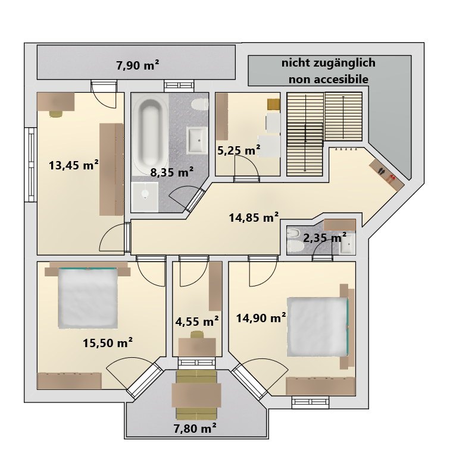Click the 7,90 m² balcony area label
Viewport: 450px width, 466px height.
coord(137,65)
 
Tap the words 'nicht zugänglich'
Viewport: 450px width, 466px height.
coord(329,63)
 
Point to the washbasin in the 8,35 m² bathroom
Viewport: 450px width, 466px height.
coord(196,140)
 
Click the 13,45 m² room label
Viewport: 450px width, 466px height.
coord(74,165)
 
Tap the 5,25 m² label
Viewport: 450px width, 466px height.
coord(239,150)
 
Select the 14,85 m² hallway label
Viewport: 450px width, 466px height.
coord(254,218)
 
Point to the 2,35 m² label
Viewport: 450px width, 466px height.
coord(325,238)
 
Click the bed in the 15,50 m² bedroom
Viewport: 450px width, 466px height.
coord(87,298)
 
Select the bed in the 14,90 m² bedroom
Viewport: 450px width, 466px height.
coord(318,327)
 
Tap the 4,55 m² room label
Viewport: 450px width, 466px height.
coord(197,321)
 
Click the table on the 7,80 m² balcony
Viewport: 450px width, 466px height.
coord(196,395)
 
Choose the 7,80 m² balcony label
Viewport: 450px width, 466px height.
coord(195,429)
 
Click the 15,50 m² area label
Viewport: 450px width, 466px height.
coord(108,343)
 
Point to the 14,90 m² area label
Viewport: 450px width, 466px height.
coord(261,318)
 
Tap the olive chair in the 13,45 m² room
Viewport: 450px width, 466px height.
coord(56,114)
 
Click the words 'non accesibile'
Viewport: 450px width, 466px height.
coord(329,80)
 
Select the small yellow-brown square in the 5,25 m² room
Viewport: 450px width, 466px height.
coord(274,105)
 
